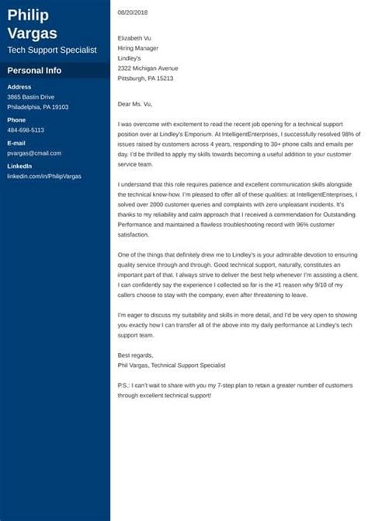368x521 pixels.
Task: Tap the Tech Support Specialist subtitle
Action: [52, 50]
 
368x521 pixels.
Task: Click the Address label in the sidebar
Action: [19, 86]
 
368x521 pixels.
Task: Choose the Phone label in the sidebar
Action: [16, 120]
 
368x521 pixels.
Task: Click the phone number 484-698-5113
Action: [26, 130]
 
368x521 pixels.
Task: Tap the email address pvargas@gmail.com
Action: [33, 154]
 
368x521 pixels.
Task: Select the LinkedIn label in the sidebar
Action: [19, 167]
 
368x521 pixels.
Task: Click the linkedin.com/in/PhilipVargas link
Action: [45, 177]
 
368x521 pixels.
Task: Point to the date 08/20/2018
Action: [133, 13]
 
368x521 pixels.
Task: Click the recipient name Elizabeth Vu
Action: [135, 37]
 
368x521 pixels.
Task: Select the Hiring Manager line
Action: [138, 47]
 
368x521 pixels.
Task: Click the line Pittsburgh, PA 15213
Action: [145, 79]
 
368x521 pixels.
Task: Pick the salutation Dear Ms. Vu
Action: [136, 103]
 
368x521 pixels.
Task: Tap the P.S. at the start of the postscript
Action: [123, 386]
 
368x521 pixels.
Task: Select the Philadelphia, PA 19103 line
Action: [38, 107]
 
